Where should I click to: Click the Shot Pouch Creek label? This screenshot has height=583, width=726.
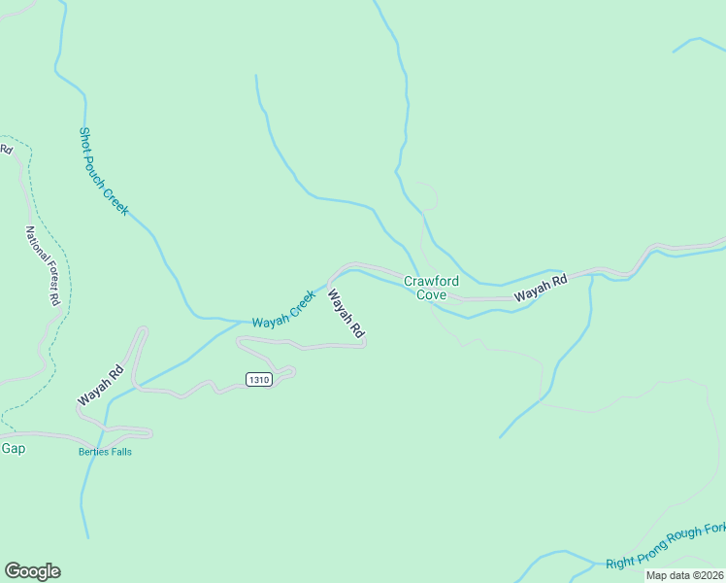103,171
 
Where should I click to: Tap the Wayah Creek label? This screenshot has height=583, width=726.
283,309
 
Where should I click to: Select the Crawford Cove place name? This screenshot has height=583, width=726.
431,289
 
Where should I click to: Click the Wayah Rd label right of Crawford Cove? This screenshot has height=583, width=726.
541,289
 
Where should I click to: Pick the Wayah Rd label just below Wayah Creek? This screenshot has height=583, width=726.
346,314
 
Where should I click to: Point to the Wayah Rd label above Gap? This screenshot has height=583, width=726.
100,384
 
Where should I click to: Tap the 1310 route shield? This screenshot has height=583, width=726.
258,379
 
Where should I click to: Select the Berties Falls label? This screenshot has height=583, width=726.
105,452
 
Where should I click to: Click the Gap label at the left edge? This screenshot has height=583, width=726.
13,448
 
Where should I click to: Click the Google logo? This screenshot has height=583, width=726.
32,571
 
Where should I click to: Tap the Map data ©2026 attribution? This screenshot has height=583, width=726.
685,575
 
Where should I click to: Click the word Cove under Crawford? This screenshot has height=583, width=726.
431,295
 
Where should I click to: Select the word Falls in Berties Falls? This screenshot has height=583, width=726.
119,452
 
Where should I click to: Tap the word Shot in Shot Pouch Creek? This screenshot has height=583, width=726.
85,141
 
